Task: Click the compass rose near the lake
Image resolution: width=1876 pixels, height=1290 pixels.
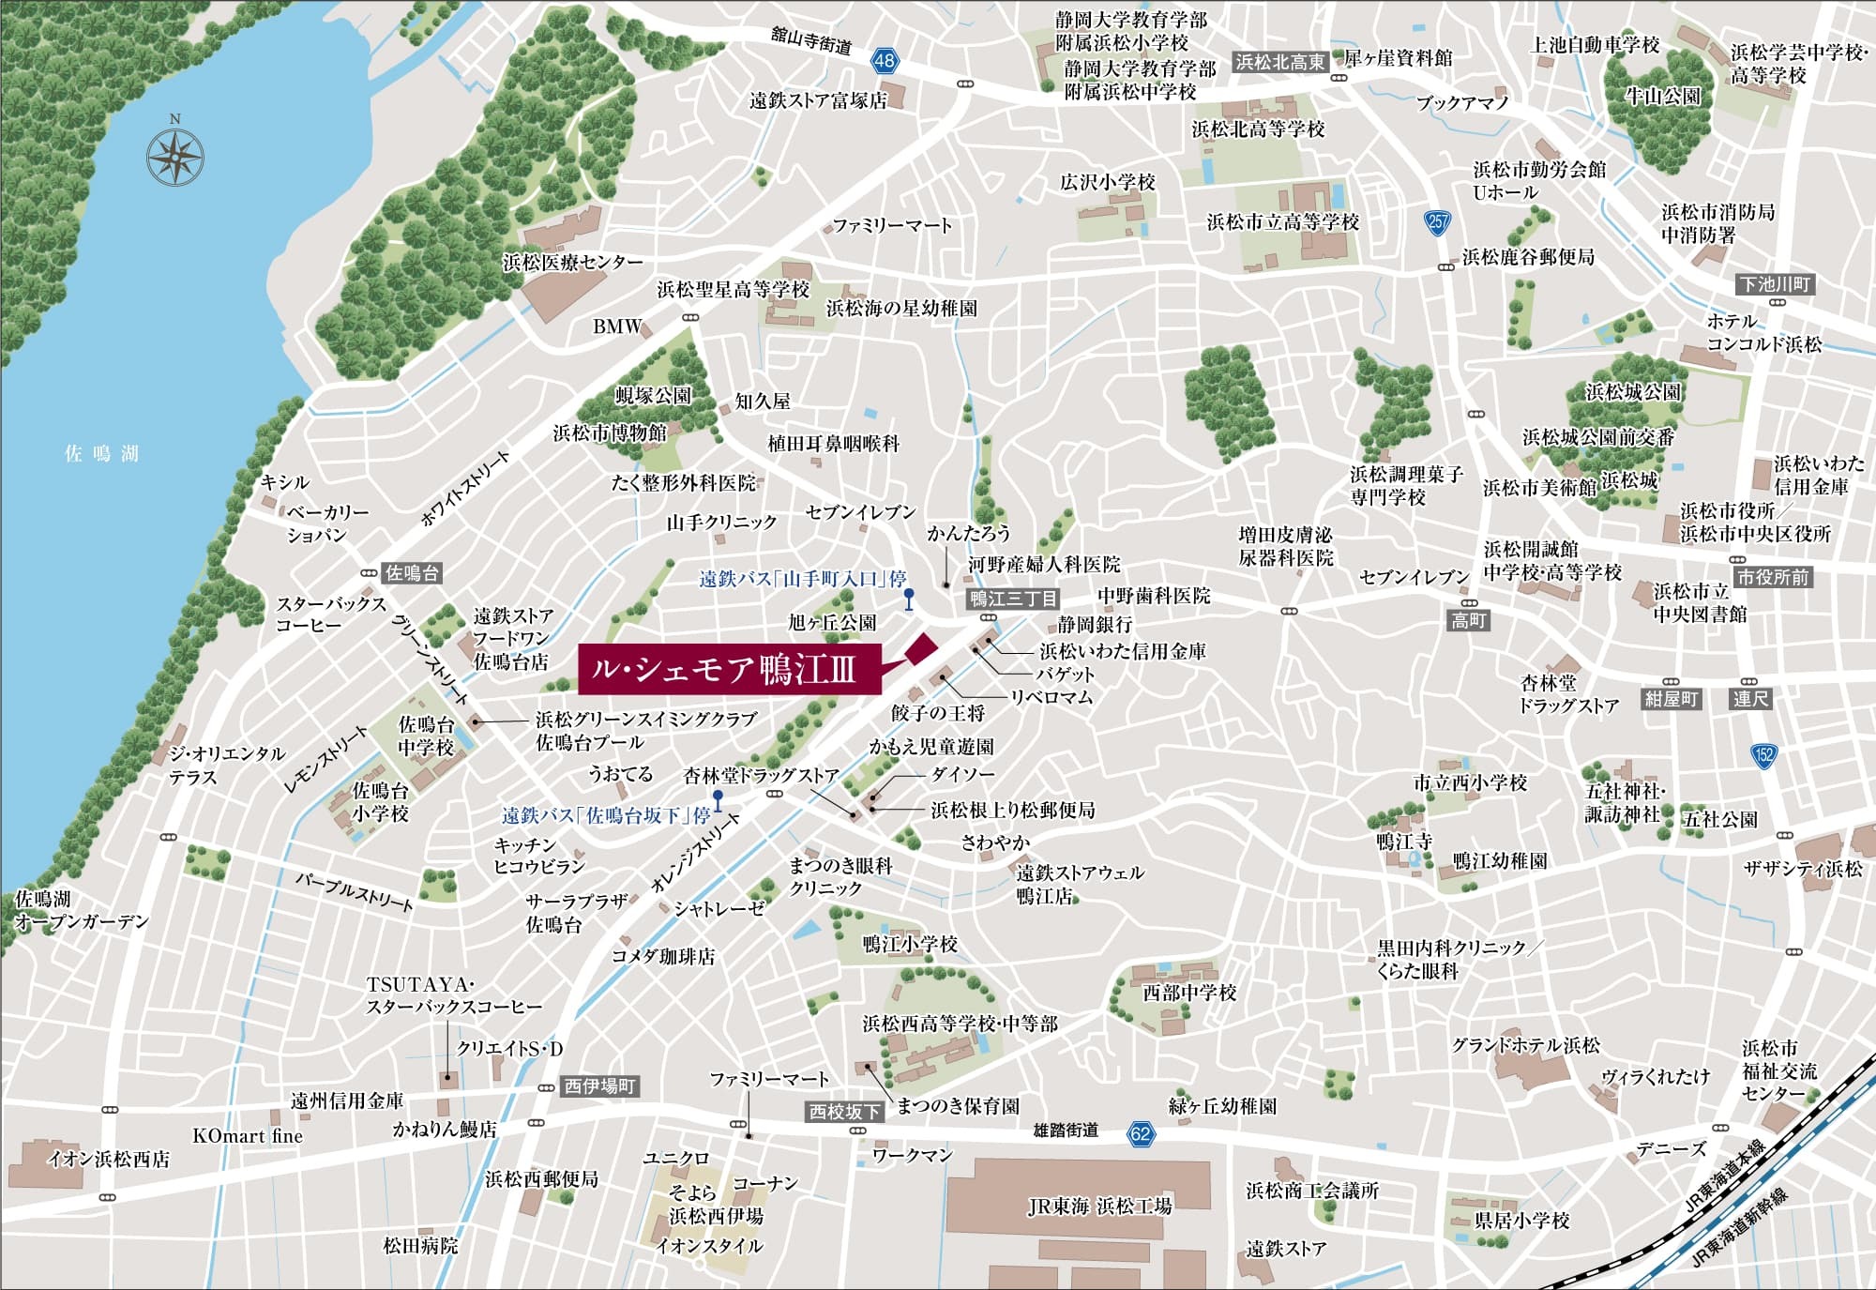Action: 175,155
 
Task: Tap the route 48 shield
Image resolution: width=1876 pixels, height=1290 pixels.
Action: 884,61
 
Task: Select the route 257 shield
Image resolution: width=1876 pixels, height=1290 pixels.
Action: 1437,222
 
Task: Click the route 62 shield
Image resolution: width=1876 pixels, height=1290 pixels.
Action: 1140,1132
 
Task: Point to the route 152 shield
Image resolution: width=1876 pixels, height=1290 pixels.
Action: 1763,754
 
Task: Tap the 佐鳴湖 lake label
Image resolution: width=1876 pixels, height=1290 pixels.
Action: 101,454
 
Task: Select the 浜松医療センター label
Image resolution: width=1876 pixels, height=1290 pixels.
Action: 572,262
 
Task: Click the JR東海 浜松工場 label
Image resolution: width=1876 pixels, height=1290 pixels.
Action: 1099,1207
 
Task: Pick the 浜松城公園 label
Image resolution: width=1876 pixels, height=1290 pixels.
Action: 1633,391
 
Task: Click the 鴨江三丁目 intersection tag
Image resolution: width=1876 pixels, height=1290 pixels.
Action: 1013,599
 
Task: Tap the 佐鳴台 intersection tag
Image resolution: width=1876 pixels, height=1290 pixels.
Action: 412,573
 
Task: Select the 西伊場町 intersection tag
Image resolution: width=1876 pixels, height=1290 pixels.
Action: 599,1086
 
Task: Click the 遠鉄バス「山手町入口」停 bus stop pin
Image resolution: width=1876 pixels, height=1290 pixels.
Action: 908,599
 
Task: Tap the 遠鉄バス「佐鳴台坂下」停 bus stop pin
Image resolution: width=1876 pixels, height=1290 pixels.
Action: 718,800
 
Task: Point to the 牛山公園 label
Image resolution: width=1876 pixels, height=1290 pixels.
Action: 1662,96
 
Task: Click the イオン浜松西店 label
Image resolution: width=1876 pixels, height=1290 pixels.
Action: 109,1159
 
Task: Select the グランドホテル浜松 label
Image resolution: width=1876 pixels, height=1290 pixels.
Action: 1525,1044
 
